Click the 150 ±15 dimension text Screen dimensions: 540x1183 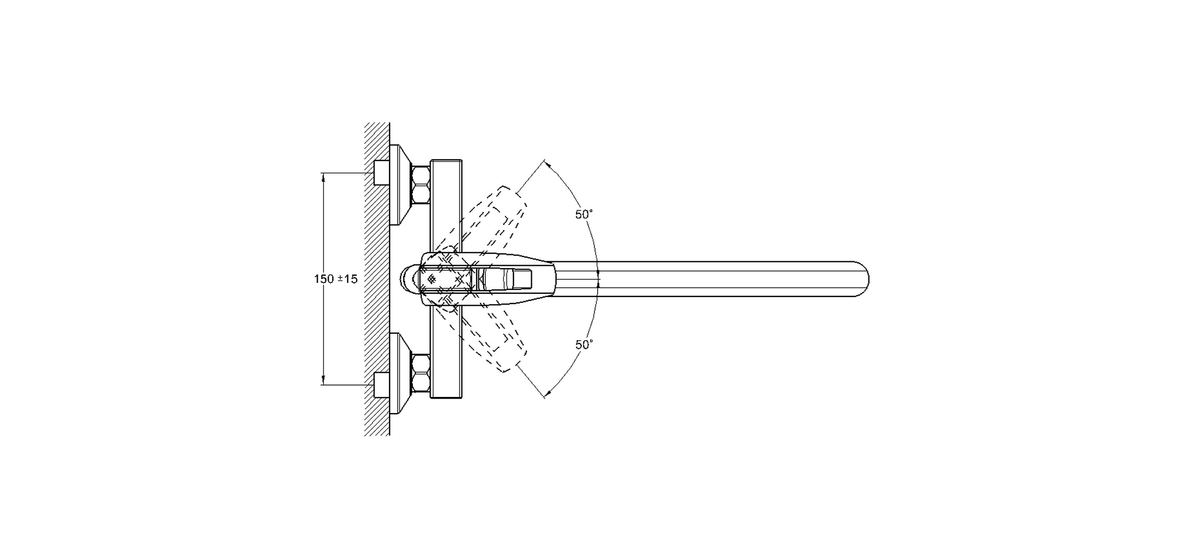click(x=336, y=279)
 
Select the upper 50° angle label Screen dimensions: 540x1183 click(x=584, y=214)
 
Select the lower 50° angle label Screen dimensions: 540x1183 click(x=584, y=345)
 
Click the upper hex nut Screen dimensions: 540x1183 click(x=421, y=185)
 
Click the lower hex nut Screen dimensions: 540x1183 click(x=421, y=373)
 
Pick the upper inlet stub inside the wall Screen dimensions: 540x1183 click(x=382, y=173)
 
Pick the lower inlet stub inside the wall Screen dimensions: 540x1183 click(x=382, y=385)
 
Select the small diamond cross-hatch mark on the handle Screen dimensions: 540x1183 click(x=432, y=279)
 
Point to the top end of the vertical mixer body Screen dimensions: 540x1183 click(x=446, y=161)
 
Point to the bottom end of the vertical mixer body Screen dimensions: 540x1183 click(x=446, y=397)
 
